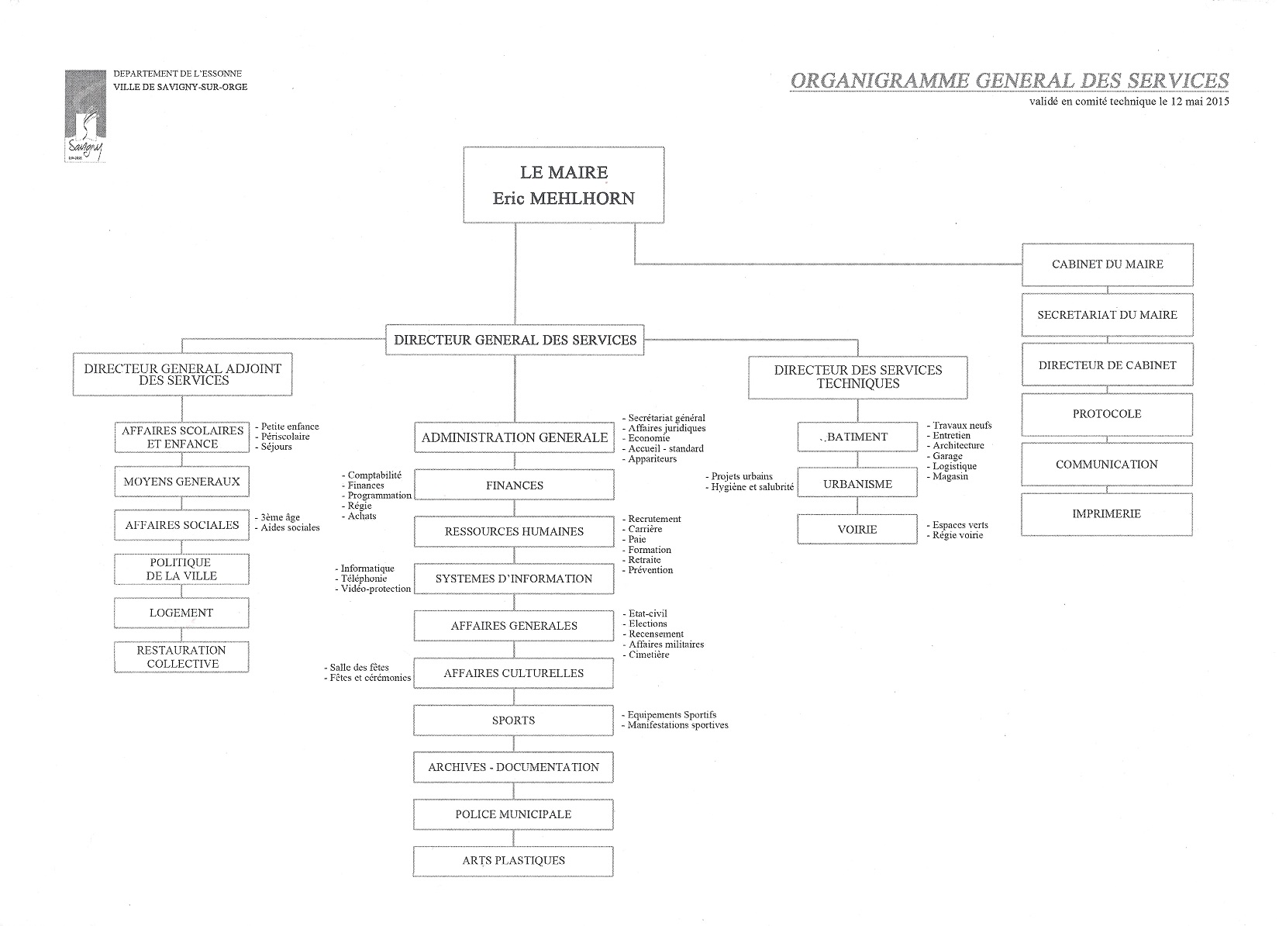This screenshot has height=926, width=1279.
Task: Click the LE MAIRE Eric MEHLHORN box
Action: point(564,185)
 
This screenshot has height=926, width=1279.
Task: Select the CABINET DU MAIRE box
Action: point(1107,264)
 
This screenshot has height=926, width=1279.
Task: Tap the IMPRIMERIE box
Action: point(1106,513)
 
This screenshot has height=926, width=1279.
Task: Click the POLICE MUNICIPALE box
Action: point(513,814)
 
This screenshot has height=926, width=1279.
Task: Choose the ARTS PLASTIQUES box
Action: point(513,861)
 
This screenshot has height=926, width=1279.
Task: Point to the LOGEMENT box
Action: point(181,613)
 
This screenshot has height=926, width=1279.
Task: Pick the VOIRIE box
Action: point(857,530)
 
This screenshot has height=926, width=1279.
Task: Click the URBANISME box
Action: point(857,484)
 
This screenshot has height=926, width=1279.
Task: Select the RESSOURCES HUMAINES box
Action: point(514,532)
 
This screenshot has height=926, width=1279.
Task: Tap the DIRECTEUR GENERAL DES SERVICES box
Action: point(515,340)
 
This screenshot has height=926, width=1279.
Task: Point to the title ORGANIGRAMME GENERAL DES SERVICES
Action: point(1009,81)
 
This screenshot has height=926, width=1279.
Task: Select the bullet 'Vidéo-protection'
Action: point(376,589)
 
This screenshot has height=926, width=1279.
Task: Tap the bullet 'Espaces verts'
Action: point(960,525)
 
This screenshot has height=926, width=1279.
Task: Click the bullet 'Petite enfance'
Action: point(290,427)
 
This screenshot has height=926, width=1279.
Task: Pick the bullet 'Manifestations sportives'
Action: point(677,725)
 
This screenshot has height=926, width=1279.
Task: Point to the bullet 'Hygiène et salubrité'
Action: point(752,487)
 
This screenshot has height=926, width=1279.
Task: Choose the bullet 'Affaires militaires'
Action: point(666,644)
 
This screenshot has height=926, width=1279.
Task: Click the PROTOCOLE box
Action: point(1107,414)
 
